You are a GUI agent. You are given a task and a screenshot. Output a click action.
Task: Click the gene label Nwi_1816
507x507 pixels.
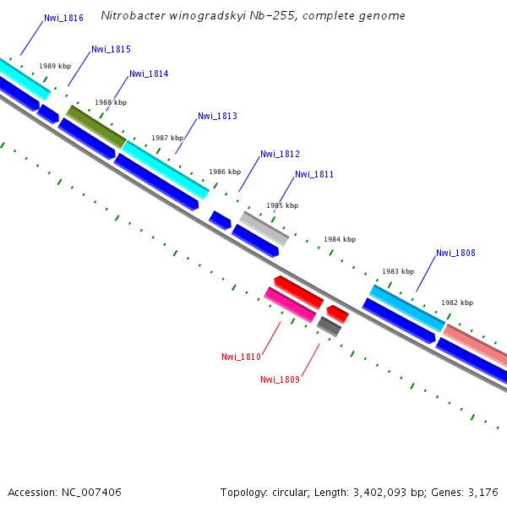pos(63,18)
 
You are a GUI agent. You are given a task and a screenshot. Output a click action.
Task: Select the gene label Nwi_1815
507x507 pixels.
pos(111,50)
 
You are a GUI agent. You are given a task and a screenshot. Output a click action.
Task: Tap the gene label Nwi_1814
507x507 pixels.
pos(149,74)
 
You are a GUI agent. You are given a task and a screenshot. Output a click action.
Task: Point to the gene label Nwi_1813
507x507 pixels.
pos(217,117)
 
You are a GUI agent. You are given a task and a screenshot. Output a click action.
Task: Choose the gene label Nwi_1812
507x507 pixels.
pos(280,155)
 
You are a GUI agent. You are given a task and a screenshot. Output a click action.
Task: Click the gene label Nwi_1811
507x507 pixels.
pos(314,175)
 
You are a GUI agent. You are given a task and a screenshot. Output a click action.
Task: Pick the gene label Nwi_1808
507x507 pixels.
pos(455,253)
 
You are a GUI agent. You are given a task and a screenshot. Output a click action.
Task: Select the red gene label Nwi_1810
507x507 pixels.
pos(241,357)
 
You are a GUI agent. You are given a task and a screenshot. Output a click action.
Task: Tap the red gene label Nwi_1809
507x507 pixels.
pos(280,380)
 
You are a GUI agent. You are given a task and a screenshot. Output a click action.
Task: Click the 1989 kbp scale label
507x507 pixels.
pos(55,66)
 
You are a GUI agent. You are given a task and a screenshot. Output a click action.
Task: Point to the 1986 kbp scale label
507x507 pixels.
pos(225,172)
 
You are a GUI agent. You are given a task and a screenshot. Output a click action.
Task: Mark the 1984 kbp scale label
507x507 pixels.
pos(340,240)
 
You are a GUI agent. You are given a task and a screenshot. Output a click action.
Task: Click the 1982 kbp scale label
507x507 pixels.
pos(457,303)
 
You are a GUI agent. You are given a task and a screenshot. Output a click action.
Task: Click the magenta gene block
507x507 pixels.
pos(290,304)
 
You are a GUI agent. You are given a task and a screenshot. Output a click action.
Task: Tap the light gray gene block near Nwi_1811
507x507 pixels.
pos(264,228)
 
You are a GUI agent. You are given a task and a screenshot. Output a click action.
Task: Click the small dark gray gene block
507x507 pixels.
pos(329,326)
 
